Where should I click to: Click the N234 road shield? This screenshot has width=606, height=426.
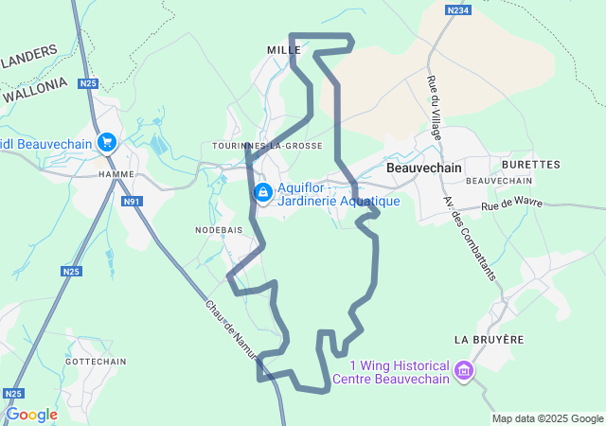tap(458, 9)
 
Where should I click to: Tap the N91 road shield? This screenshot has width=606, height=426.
tap(132, 202)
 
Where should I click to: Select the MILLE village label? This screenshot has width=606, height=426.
tap(284, 49)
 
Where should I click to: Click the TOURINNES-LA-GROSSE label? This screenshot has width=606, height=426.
tap(268, 146)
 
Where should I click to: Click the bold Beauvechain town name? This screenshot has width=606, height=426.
tap(424, 168)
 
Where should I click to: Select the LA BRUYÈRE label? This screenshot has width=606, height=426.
tap(489, 339)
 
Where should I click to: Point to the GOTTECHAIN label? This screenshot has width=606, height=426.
tap(96, 362)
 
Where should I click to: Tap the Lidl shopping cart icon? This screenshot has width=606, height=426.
tap(106, 142)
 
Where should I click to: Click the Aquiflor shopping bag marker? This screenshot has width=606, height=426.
tap(261, 193)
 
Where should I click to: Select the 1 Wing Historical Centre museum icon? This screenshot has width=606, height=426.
tap(463, 368)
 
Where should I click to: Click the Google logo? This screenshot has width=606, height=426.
tap(31, 415)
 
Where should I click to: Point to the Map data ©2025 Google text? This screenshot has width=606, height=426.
tap(546, 418)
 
